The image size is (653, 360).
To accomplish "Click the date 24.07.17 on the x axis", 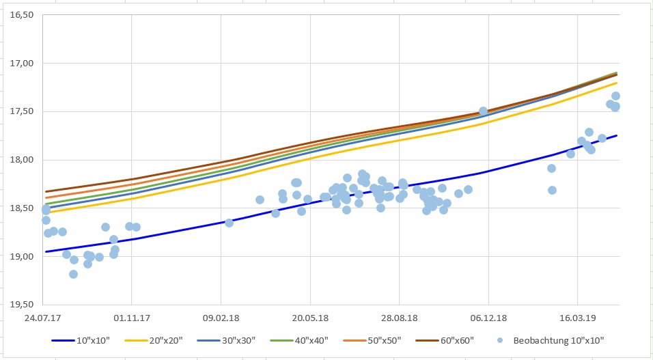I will point(42,318).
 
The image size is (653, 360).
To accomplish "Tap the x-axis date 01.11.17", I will point(131,318).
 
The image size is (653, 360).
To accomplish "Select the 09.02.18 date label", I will point(221,318).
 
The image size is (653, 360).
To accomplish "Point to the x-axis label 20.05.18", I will point(310,318).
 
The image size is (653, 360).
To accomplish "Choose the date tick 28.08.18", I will point(399,318).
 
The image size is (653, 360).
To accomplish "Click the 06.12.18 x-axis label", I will point(488,318).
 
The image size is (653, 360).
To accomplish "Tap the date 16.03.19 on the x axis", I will point(577,318).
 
